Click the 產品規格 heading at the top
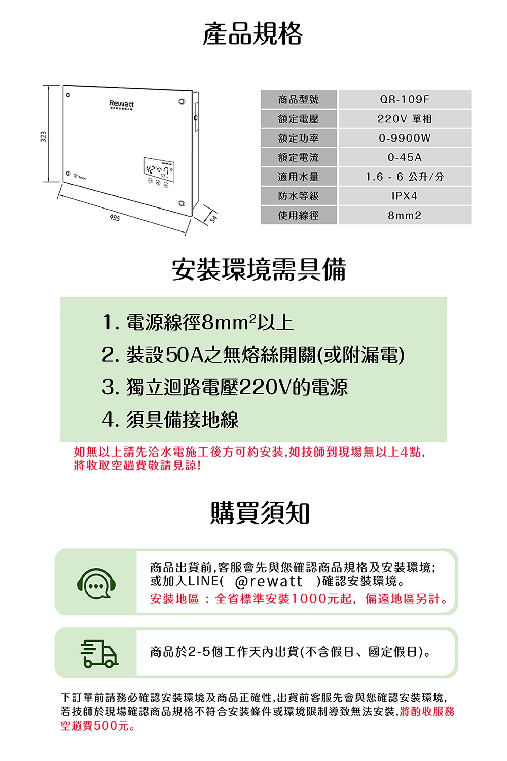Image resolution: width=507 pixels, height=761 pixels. click(252, 34)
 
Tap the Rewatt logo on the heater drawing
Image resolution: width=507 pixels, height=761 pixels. click(122, 104)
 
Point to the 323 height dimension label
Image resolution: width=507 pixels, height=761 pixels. click(43, 136)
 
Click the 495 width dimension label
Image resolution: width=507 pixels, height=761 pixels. click(115, 218)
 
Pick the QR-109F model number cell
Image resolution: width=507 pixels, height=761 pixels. click(405, 99)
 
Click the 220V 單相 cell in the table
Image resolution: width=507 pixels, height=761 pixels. click(405, 119)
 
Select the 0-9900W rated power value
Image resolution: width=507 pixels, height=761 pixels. click(405, 138)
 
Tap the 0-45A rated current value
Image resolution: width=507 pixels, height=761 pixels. click(405, 157)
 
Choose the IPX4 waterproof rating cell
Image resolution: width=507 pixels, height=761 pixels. click(405, 196)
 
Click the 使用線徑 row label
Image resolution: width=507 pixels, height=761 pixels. click(299, 215)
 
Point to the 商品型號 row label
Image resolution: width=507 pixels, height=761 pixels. click(299, 99)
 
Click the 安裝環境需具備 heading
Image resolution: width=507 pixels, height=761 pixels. click(259, 269)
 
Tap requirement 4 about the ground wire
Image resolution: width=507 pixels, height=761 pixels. click(170, 420)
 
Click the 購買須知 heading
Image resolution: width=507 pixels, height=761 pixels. click(260, 513)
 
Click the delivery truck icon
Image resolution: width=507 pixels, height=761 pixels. click(99, 653)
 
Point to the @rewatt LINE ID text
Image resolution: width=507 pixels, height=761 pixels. click(269, 581)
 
